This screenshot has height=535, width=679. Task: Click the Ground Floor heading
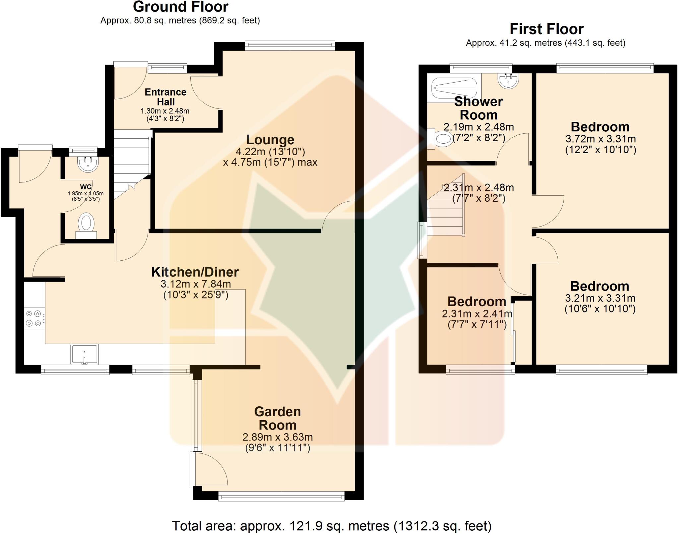[180, 7]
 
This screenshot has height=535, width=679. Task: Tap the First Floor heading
[546, 29]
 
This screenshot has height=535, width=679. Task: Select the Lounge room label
[270, 140]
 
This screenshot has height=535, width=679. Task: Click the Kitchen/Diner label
[195, 272]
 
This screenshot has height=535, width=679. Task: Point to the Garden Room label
[278, 418]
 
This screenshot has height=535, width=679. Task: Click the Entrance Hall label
[165, 97]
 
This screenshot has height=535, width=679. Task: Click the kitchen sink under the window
[85, 354]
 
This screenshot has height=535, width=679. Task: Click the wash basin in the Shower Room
[508, 80]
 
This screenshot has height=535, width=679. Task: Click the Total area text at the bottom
[332, 526]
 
